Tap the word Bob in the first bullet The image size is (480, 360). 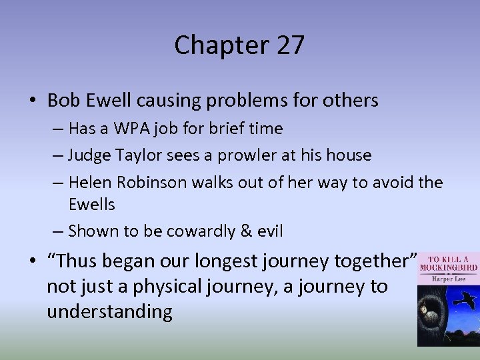[x=64, y=101]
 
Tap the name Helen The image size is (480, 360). [x=91, y=183]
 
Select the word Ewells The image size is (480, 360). [x=93, y=204]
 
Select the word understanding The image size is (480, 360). [x=109, y=312]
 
